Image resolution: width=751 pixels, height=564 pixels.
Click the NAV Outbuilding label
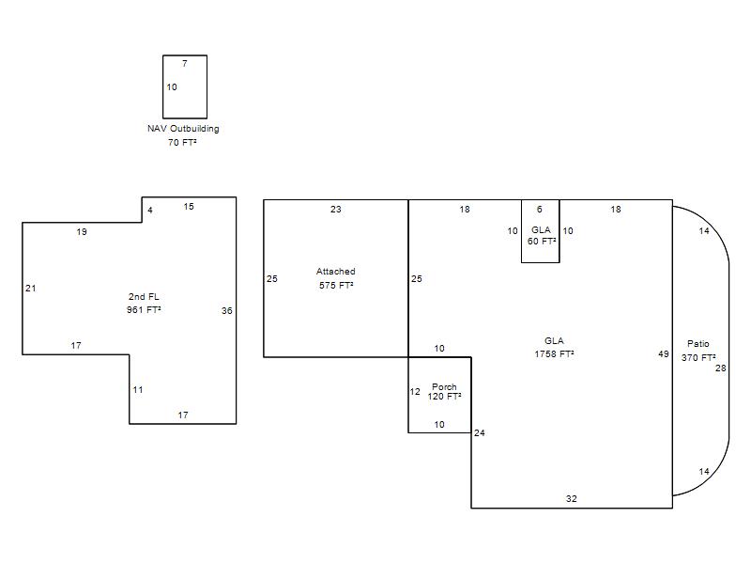pos(183,129)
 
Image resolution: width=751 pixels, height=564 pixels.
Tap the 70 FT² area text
pos(182,143)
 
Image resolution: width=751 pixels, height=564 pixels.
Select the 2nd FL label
pos(144,296)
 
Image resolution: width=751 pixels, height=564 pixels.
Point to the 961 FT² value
pos(144,310)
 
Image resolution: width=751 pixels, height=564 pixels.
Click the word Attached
pos(336,272)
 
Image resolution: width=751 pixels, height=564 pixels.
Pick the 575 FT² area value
pos(336,285)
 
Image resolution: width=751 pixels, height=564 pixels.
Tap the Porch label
pos(444,386)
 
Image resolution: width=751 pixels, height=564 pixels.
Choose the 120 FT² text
pos(444,396)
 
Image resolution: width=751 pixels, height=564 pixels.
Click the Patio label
pos(697,344)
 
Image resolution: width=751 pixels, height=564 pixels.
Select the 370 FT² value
pos(698,357)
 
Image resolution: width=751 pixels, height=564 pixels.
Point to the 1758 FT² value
pos(554,354)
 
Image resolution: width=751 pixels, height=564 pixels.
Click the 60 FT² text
pos(542,242)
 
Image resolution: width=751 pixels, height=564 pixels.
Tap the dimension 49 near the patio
pos(664,354)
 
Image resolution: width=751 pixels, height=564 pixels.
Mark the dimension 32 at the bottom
pos(572,499)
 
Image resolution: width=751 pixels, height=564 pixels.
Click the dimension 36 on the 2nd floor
pos(227,311)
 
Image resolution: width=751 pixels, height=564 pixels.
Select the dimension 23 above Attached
pos(336,209)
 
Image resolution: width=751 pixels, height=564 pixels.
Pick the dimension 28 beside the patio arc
pos(721,368)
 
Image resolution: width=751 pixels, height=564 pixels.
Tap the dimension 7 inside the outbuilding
pos(185,63)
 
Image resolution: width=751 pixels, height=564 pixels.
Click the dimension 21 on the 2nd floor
pos(31,289)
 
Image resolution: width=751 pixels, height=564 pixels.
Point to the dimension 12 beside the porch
pos(415,391)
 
